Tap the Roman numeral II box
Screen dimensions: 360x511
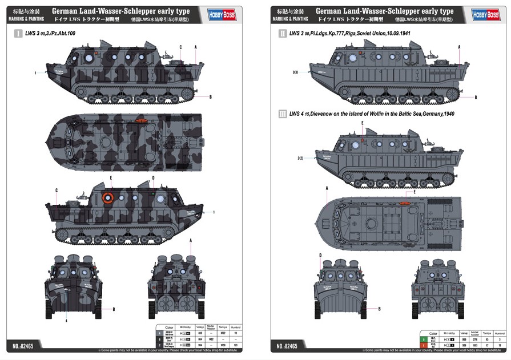coord(282,34)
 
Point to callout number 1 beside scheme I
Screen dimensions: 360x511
coord(35,73)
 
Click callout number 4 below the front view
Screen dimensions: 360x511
coord(66,321)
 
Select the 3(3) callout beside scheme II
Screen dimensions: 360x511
coord(295,72)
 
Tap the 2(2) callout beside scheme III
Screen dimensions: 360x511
coord(300,158)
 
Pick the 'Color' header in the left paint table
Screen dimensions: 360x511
coord(168,327)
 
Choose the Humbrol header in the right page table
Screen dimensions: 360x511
coord(499,333)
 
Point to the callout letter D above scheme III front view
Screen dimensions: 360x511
coord(320,255)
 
